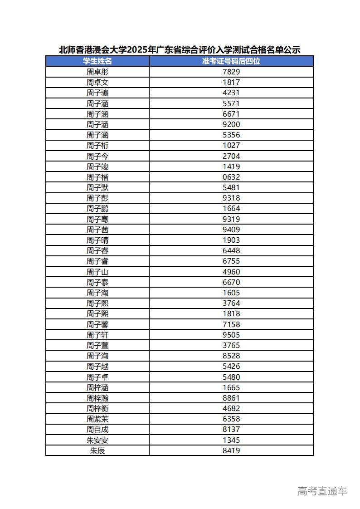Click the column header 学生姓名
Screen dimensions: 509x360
coord(97,61)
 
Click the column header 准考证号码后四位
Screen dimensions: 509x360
coord(231,61)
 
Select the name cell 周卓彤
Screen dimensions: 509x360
coord(97,72)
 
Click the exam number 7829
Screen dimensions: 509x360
coord(231,72)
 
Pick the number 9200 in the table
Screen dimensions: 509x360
coord(231,124)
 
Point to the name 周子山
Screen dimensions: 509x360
coord(97,272)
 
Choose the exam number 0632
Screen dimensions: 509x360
coord(231,177)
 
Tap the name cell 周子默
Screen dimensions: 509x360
coord(97,187)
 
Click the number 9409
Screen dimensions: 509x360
coord(231,230)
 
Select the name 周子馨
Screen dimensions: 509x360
coord(97,324)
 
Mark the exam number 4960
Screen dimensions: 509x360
coord(231,272)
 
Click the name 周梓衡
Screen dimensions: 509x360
coord(97,408)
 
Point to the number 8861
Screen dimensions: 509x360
coord(231,398)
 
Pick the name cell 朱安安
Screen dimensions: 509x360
coord(97,440)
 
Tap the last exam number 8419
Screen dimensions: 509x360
coord(231,450)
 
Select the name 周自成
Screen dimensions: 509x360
coord(97,429)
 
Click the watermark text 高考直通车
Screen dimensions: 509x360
coord(322,491)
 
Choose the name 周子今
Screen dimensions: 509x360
coord(97,156)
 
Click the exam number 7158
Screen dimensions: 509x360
coord(231,324)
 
